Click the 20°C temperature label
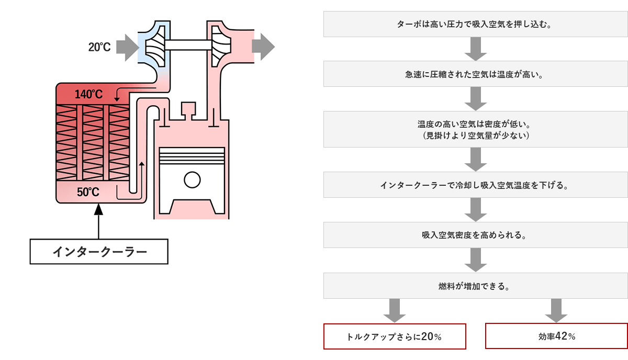pyautogui.click(x=99, y=47)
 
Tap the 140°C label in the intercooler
pyautogui.click(x=88, y=94)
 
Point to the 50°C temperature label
pyautogui.click(x=88, y=192)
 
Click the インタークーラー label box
pyautogui.click(x=99, y=252)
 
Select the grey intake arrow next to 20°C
pyautogui.click(x=128, y=48)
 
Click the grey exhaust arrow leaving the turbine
pyautogui.click(x=263, y=47)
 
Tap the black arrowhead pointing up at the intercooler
pyautogui.click(x=98, y=209)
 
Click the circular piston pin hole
pyautogui.click(x=192, y=179)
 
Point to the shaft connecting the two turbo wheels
pyautogui.click(x=188, y=45)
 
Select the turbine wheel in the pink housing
pyautogui.click(x=221, y=46)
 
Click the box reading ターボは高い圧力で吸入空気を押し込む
pyautogui.click(x=476, y=24)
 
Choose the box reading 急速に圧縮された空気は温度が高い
pyautogui.click(x=476, y=74)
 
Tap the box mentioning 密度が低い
pyautogui.click(x=476, y=129)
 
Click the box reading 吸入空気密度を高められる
pyautogui.click(x=476, y=235)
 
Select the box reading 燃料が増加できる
pyautogui.click(x=476, y=286)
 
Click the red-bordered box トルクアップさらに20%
pyautogui.click(x=395, y=336)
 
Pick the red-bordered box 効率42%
pyautogui.click(x=556, y=336)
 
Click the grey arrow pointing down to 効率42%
pyautogui.click(x=556, y=311)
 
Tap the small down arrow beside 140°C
pyautogui.click(x=117, y=95)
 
